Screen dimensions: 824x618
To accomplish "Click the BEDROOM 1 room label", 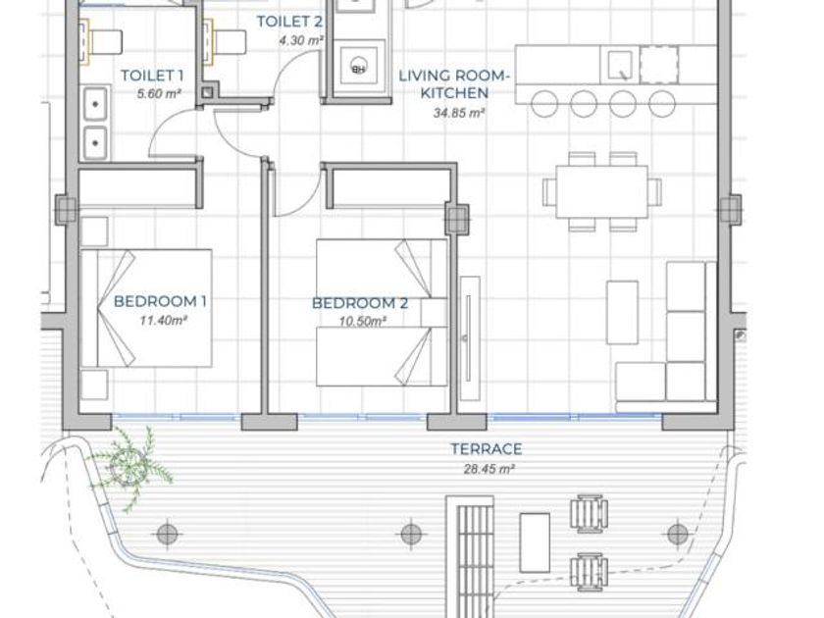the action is pos(160,302).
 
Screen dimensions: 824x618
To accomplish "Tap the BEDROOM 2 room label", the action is pos(360,303).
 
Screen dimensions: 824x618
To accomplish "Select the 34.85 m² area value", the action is pos(458,113).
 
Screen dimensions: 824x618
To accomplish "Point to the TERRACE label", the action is pos(487,449).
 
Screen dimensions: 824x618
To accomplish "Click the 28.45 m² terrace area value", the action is pos(489,469).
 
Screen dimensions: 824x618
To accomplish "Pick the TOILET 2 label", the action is pos(289,22).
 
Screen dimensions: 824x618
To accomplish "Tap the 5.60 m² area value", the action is pos(159,94).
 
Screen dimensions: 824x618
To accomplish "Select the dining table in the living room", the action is pos(601,191).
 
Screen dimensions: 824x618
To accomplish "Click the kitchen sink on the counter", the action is pos(620,65).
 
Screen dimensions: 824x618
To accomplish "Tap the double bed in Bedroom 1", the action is pos(146,308).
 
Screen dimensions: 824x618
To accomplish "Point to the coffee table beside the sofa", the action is pos(622,312).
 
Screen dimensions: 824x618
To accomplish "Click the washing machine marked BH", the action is pos(359,65).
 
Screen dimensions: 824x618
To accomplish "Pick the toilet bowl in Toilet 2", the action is pos(226,42).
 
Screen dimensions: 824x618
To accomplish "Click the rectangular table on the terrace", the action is pos(535,542).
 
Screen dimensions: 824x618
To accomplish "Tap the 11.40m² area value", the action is pos(164,320).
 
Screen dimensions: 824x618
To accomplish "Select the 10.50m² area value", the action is pos(363,321).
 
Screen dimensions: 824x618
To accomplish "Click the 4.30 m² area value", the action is pos(300,40).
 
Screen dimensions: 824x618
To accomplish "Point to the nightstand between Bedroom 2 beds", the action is pos(434,313).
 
